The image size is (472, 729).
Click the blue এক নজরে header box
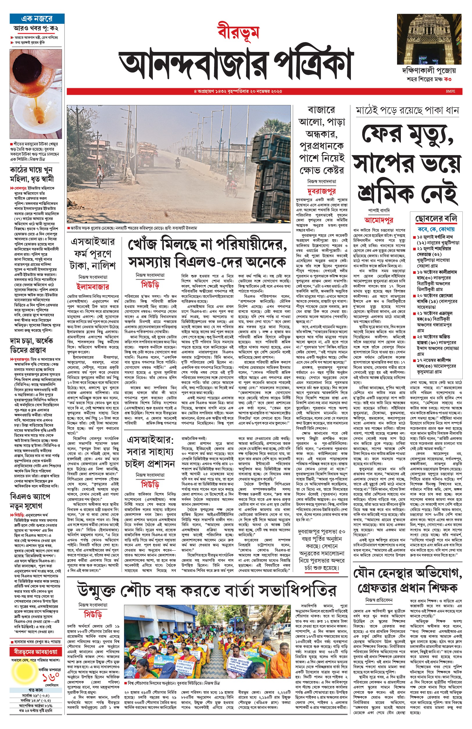pyautogui.click(x=37, y=19)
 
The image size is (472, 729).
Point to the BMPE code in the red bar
pyautogui.click(x=451, y=91)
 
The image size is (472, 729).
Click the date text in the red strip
pyautogui.click(x=238, y=91)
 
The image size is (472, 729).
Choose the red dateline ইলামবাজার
pyautogui.click(x=93, y=287)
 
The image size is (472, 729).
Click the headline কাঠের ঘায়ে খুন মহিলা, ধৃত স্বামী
pyautogui.click(x=31, y=174)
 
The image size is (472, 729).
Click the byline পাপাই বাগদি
pyautogui.click(x=379, y=211)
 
